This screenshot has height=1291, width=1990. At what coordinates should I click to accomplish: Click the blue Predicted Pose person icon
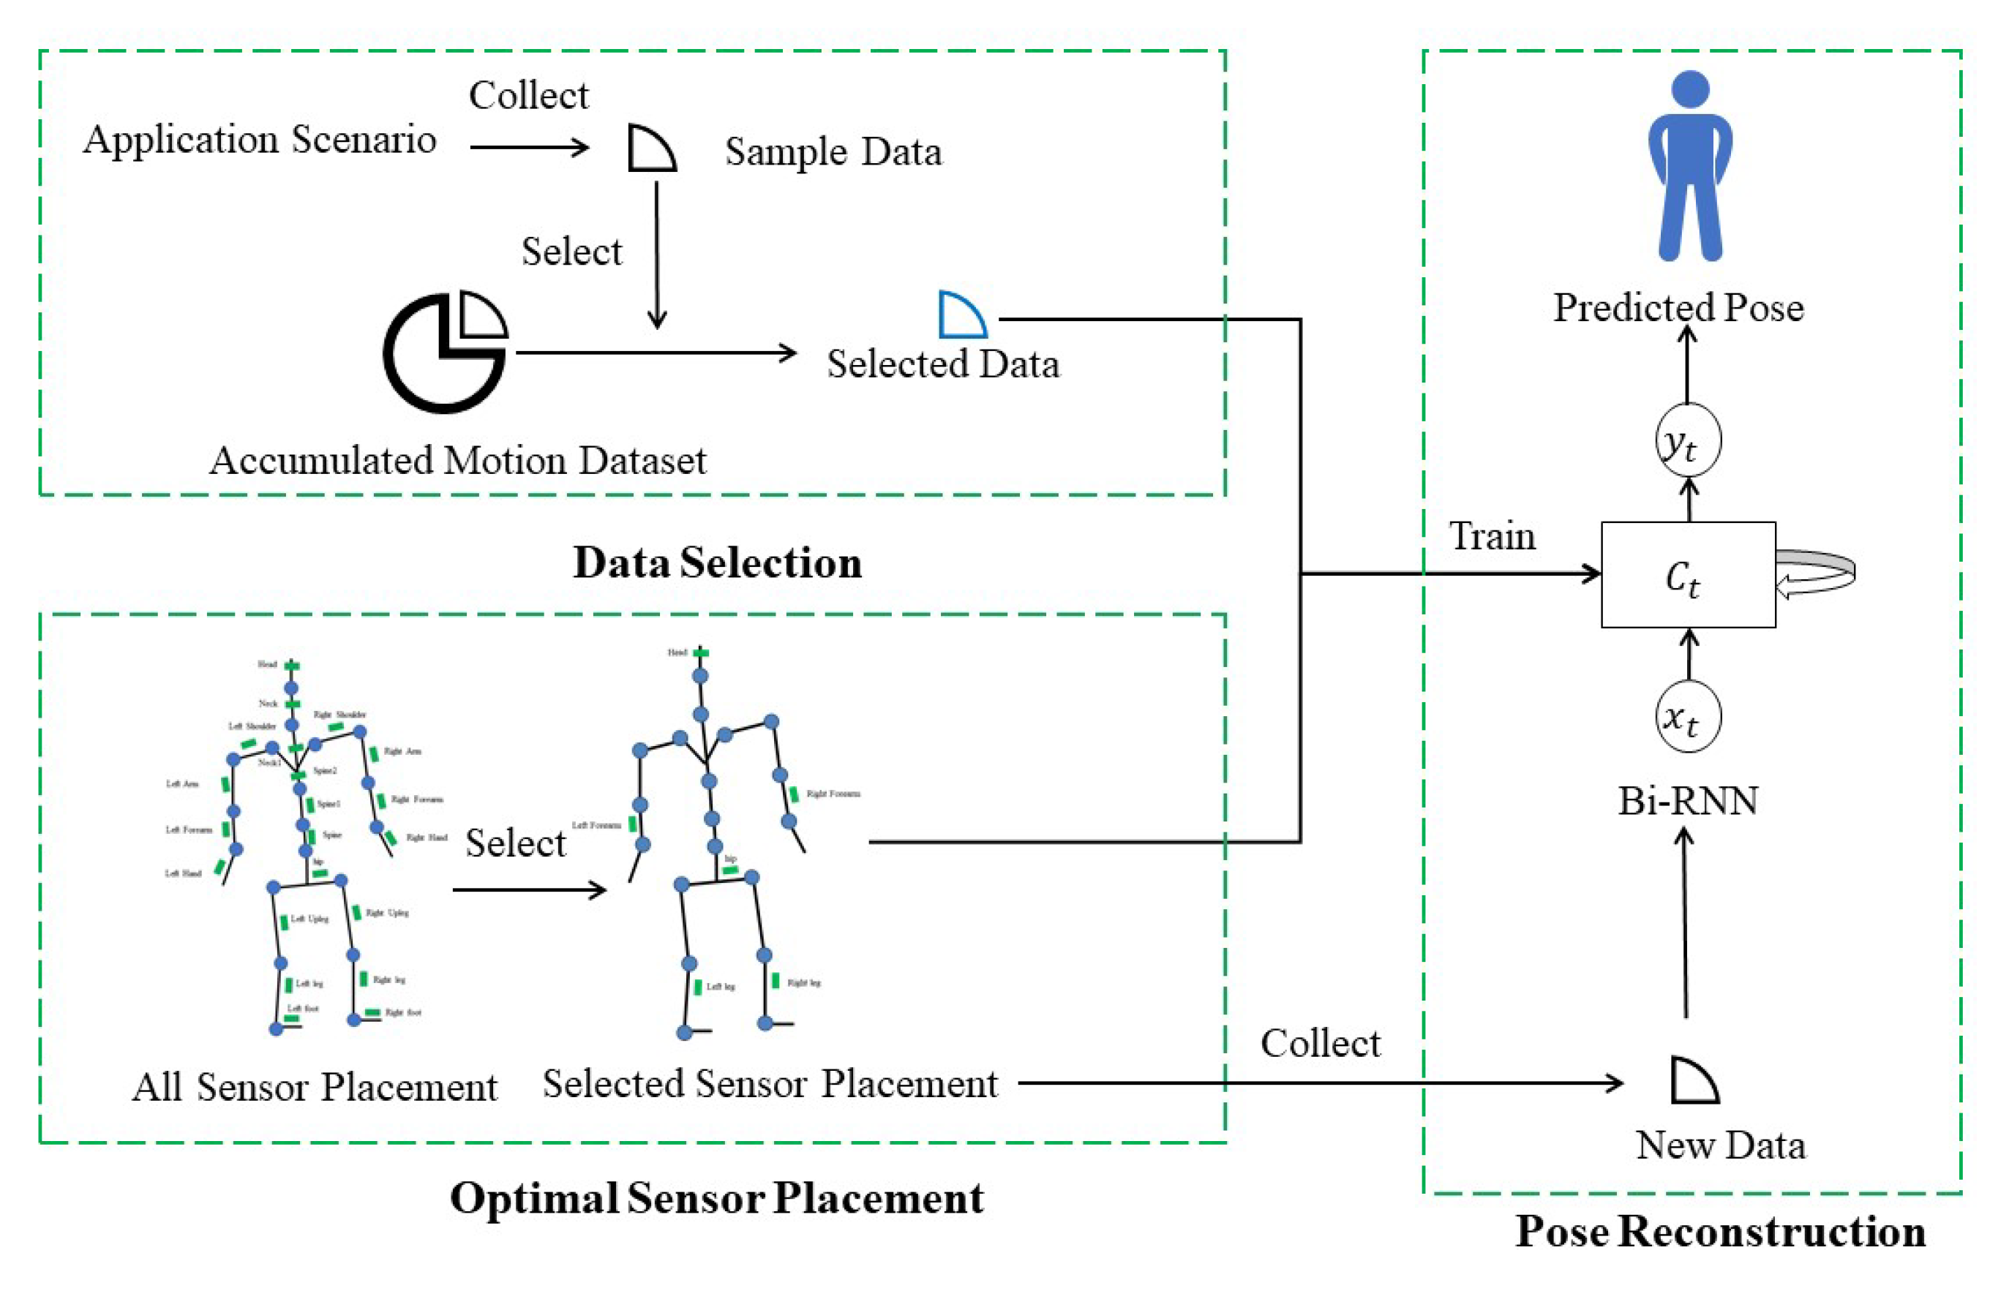click(x=1689, y=168)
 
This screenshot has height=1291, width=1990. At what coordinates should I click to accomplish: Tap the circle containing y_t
click(x=1688, y=440)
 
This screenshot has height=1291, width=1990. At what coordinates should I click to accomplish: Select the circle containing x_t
click(x=1688, y=717)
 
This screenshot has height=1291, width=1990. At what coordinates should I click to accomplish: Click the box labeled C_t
click(x=1687, y=574)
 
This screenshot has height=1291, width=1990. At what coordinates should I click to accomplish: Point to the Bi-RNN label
click(x=1687, y=801)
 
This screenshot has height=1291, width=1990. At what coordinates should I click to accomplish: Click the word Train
click(x=1492, y=536)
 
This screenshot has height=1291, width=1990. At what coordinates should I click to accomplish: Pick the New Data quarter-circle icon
click(x=1692, y=1081)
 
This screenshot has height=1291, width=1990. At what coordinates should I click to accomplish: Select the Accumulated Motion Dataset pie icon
click(x=445, y=352)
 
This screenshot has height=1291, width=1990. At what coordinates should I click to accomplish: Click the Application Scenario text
click(x=259, y=139)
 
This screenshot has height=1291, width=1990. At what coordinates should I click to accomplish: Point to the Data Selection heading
click(x=716, y=562)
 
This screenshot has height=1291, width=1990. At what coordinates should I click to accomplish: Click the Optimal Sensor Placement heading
click(x=716, y=1197)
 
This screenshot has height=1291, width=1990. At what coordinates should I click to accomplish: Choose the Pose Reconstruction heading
click(x=1720, y=1231)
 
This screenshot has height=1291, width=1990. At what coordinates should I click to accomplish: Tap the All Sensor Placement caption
click(x=315, y=1087)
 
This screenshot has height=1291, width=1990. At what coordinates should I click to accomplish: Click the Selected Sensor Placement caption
click(x=769, y=1084)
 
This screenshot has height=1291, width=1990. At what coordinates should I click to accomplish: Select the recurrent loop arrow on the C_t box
click(x=1816, y=573)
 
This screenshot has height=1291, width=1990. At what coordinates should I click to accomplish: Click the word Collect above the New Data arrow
click(x=1321, y=1042)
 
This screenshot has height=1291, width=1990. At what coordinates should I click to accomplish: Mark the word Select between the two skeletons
click(x=515, y=842)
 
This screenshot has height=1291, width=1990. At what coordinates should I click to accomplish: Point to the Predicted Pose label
click(x=1678, y=308)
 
